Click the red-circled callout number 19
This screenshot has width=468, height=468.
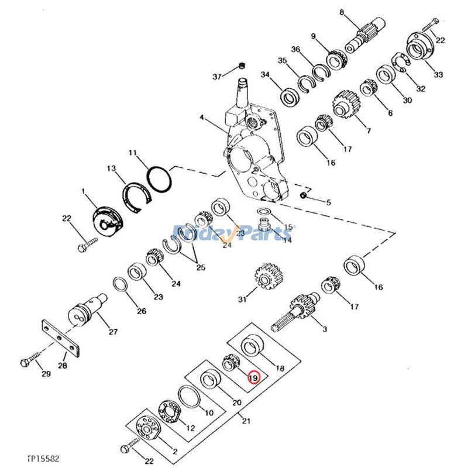[253, 378]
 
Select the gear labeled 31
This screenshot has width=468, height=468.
[266, 277]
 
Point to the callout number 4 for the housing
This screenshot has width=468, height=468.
[202, 118]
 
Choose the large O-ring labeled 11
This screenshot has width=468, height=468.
[158, 178]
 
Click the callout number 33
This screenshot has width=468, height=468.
[438, 75]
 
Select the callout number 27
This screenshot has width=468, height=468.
[113, 332]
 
